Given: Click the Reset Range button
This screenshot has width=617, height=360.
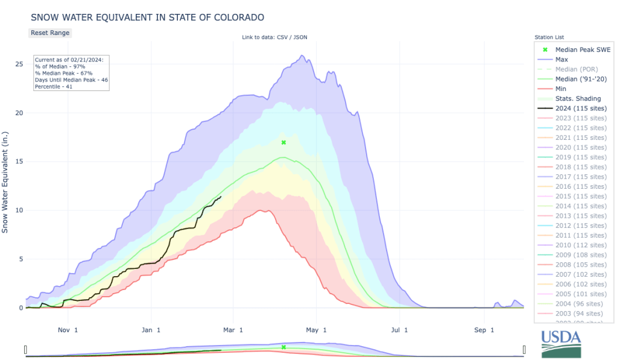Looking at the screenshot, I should coord(50,33).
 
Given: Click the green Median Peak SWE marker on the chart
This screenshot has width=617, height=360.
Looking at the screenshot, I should coord(283,142).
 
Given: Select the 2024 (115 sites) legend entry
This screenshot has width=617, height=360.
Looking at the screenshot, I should coord(581,108).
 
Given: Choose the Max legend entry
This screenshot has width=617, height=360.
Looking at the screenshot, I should coord(562,60).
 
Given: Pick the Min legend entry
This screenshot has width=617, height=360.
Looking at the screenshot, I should coord(561,89).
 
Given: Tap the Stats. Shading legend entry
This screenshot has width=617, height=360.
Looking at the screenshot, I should coord(577,98).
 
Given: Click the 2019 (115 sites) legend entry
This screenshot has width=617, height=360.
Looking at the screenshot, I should coord(581,157).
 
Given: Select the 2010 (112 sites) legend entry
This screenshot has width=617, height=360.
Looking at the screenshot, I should coord(581,244).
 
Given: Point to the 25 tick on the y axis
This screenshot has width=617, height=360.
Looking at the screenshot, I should coord(19,64).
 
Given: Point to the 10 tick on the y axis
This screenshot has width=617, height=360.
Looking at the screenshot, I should coord(19,210).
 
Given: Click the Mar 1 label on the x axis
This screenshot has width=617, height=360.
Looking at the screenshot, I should coord(233,330).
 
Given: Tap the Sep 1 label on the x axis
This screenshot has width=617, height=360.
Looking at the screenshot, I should coord(484,330).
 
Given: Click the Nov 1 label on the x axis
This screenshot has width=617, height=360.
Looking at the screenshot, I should coord(68,330).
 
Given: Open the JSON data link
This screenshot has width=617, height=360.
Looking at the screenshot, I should coord(300,37).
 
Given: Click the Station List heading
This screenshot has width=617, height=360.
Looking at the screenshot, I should coord(549,37).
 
